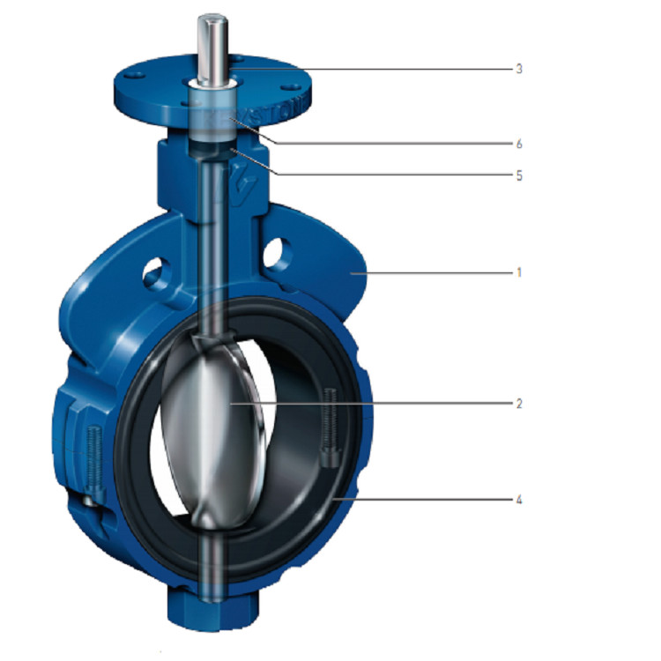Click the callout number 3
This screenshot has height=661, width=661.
(x=520, y=68)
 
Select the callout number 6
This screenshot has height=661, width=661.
(x=520, y=143)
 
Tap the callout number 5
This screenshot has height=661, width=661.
(x=520, y=175)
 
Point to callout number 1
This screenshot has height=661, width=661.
(x=520, y=273)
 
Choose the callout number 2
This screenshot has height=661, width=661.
(x=520, y=403)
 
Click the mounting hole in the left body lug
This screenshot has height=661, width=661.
(x=156, y=272)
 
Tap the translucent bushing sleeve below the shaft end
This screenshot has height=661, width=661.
(x=213, y=123)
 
